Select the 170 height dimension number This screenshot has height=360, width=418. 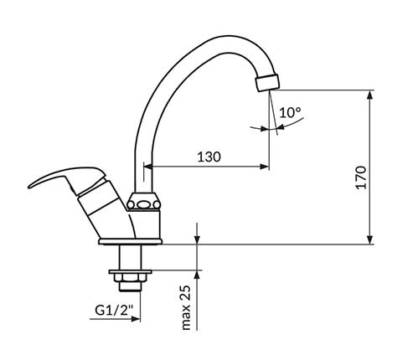pyautogui.click(x=384, y=177)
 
